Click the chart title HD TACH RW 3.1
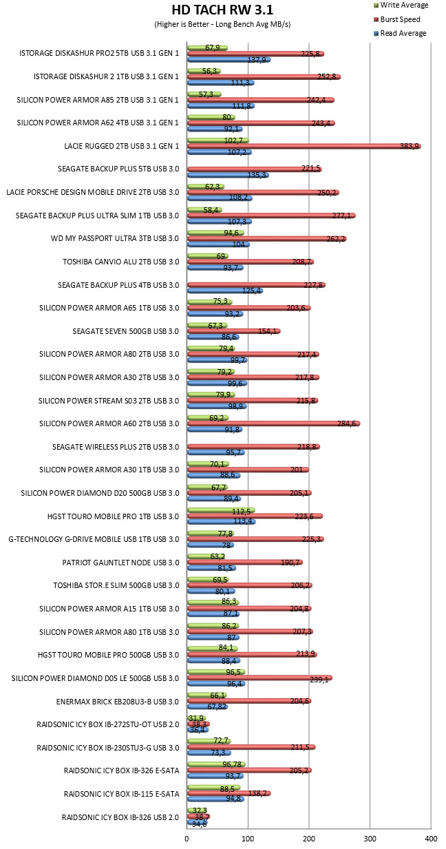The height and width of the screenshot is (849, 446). click(222, 10)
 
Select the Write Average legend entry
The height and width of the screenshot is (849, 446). click(401, 5)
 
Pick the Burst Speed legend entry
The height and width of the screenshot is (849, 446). click(396, 19)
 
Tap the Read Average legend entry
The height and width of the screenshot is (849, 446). click(400, 33)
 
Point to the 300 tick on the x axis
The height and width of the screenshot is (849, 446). click(370, 839)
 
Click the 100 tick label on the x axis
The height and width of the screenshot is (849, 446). click(248, 839)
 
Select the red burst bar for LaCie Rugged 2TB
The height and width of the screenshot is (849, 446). click(304, 146)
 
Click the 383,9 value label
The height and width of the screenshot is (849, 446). click(410, 146)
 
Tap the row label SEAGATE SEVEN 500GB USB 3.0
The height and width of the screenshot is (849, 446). click(125, 331)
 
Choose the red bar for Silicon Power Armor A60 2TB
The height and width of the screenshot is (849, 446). click(273, 423)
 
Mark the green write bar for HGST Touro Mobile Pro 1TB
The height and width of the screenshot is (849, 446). click(221, 510)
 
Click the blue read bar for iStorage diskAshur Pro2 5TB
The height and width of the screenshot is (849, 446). click(229, 59)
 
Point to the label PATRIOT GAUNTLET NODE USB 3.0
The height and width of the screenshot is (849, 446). click(120, 563)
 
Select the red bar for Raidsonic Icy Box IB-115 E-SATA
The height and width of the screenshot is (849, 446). click(229, 793)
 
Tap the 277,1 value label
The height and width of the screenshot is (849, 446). click(341, 216)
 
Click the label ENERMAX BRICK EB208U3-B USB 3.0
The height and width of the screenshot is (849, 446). click(117, 702)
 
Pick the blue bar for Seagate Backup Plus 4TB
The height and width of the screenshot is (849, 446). click(225, 291)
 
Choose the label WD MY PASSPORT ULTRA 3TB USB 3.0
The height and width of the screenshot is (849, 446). click(114, 238)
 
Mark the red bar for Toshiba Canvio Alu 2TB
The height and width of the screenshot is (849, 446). click(251, 262)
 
